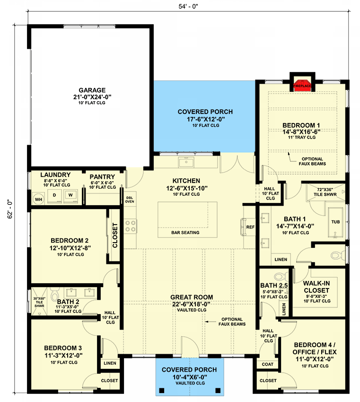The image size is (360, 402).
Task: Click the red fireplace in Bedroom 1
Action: (x=302, y=86)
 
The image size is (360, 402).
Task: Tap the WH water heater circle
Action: (x=38, y=199)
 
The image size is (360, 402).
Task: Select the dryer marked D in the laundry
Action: (x=54, y=195)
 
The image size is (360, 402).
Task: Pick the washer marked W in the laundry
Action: (x=71, y=195)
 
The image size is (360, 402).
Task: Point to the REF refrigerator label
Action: (x=250, y=227)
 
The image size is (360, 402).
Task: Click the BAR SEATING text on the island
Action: (x=185, y=233)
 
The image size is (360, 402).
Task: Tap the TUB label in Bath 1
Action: (x=335, y=221)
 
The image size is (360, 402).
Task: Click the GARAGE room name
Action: (x=92, y=90)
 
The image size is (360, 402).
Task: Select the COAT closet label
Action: (x=268, y=364)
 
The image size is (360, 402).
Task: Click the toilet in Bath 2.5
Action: (x=278, y=276)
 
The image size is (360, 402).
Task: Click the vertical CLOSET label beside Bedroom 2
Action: (x=115, y=235)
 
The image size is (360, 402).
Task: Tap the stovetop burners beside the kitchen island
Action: (x=130, y=226)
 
